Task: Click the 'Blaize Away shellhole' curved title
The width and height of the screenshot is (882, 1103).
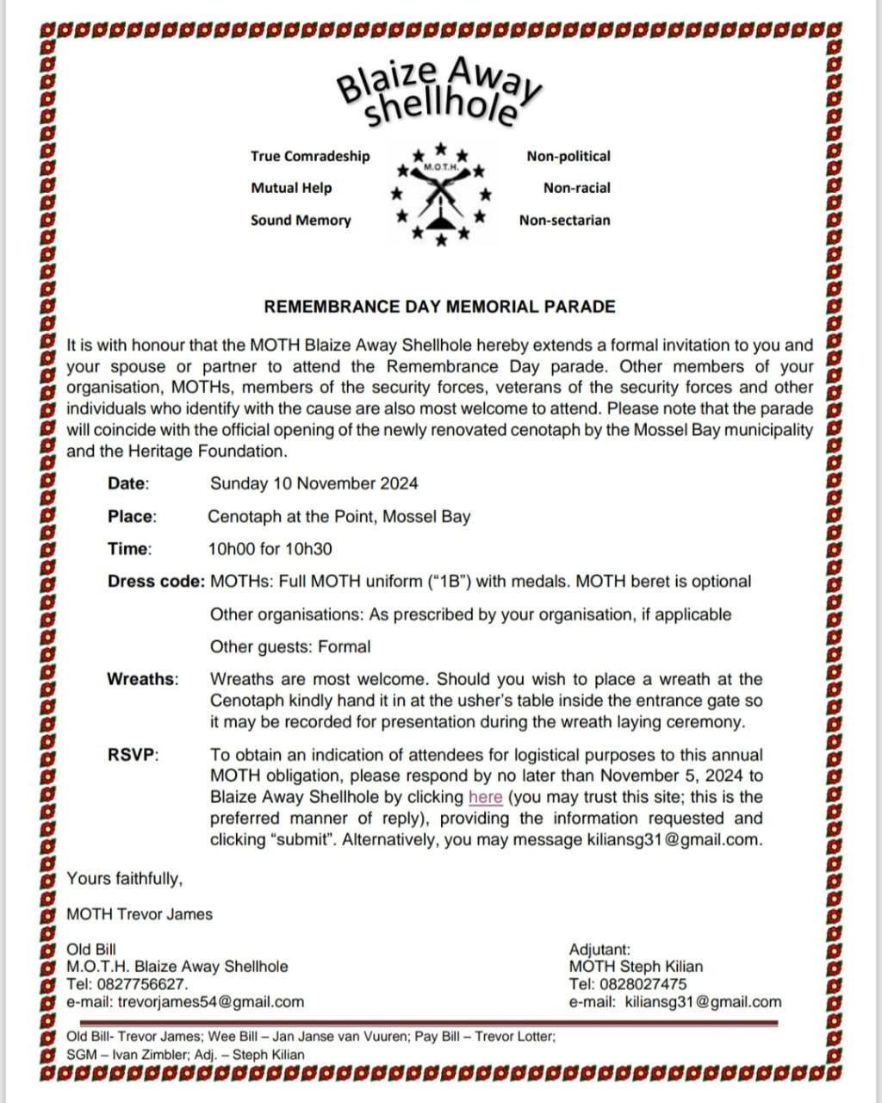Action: [x=438, y=93]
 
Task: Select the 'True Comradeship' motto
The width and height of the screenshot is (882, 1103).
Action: [x=310, y=156]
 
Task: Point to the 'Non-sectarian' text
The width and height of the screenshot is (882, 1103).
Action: [x=564, y=220]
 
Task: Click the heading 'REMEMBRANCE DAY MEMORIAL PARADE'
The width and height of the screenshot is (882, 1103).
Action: [x=439, y=307]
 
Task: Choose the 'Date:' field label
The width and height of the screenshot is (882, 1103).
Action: [x=128, y=483]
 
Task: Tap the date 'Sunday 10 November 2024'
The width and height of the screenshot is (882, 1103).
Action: [x=314, y=483]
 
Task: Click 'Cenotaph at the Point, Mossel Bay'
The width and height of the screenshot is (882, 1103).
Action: [x=339, y=517]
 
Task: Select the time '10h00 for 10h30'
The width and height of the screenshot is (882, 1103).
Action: [x=270, y=549]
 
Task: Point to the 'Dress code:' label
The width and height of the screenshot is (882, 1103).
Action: [x=156, y=582]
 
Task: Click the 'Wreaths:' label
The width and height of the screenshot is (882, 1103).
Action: [x=143, y=679]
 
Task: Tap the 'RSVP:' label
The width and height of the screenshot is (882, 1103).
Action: [x=134, y=755]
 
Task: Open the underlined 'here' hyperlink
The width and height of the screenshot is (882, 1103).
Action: [x=485, y=797]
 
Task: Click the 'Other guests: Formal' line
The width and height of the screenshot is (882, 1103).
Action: [x=290, y=647]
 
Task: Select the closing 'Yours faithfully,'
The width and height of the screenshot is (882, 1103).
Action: [x=125, y=879]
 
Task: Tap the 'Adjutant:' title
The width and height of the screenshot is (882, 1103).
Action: [x=599, y=950]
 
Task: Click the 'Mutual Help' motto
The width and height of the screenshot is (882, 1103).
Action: [x=291, y=188]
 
